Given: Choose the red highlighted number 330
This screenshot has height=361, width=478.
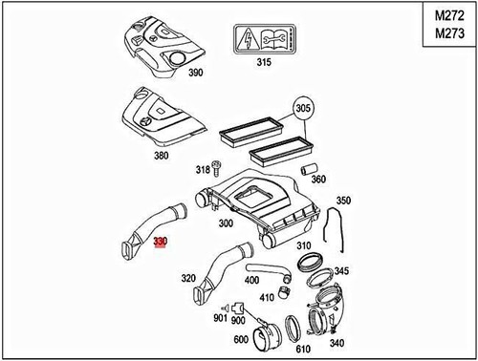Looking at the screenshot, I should click(x=160, y=244).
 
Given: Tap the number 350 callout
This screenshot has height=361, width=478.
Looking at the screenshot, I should click(x=344, y=202).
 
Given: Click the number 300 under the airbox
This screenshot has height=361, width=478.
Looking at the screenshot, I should click(x=226, y=223).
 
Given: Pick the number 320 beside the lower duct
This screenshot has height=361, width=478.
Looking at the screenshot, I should click(x=189, y=281).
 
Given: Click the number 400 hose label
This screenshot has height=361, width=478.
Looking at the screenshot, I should click(x=251, y=281).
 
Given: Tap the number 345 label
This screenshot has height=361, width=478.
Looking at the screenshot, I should click(x=341, y=271).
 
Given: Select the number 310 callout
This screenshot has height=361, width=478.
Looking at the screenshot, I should click(x=304, y=245).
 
